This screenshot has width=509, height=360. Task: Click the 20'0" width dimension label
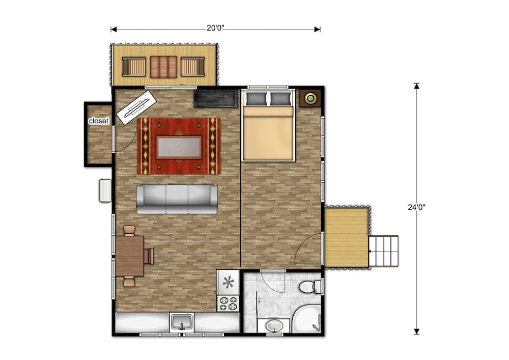215,29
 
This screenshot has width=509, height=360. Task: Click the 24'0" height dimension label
416,207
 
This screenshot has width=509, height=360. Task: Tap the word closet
98,121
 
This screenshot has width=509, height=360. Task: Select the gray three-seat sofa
177,199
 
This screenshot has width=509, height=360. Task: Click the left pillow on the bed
256,99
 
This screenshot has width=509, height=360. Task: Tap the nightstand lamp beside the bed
309,98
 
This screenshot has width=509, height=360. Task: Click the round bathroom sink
274,325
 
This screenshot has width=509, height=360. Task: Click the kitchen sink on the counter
181,322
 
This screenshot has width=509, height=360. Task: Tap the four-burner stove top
228,303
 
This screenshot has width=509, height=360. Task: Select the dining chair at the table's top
129,231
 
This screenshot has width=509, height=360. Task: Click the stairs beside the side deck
384,252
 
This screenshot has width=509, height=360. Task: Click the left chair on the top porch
134,67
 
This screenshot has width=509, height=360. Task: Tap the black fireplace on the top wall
216,98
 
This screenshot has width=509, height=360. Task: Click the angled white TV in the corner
136,107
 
